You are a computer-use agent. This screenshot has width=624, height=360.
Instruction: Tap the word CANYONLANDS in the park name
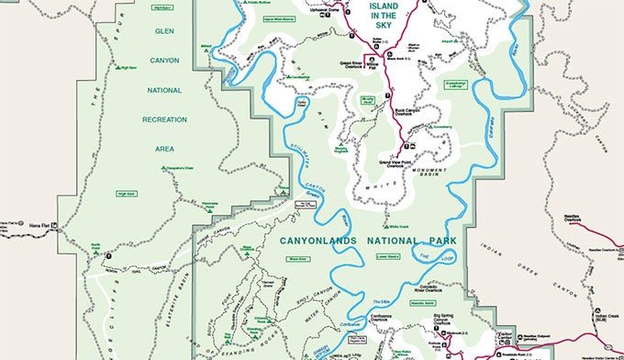(316, 240)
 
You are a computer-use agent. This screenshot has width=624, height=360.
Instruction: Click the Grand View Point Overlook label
(396, 163)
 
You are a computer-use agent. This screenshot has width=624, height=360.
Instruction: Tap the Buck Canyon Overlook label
(407, 114)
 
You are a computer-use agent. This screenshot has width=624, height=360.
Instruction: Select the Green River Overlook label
(353, 65)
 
